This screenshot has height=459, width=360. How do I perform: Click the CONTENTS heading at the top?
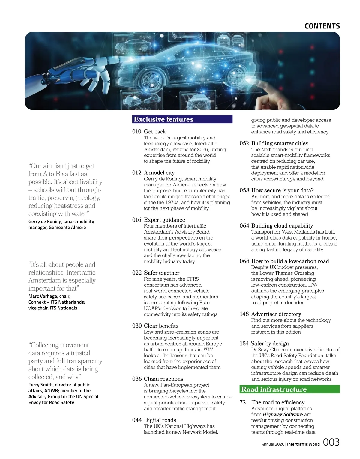pyautogui.click(x=322, y=26)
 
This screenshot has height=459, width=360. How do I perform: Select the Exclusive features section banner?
pyautogui.click(x=182, y=119)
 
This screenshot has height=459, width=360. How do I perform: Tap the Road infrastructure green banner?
pyautogui.click(x=290, y=389)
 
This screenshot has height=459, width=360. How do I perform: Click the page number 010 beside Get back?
pyautogui.click(x=136, y=131)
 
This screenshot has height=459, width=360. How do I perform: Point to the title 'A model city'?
pyautogui.click(x=159, y=173)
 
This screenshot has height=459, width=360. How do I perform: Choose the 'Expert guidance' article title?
pyautogui.click(x=164, y=220)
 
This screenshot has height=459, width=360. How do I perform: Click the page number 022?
pyautogui.click(x=136, y=273)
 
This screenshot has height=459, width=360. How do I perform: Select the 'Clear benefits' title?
pyautogui.click(x=161, y=326)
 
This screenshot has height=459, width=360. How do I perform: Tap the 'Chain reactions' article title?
pyautogui.click(x=163, y=379)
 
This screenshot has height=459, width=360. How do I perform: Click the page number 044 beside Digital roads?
pyautogui.click(x=136, y=420)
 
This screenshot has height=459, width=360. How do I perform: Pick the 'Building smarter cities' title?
pyautogui.click(x=280, y=143)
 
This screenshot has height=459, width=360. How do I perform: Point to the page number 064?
pyautogui.click(x=244, y=226)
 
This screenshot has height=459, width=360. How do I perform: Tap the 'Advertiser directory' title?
pyautogui.click(x=276, y=314)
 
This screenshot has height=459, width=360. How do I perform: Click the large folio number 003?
pyautogui.click(x=331, y=442)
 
